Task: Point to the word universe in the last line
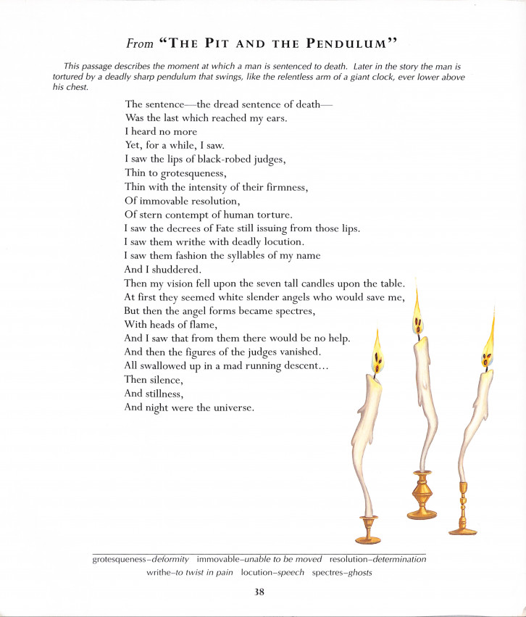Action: coord(231,407)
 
